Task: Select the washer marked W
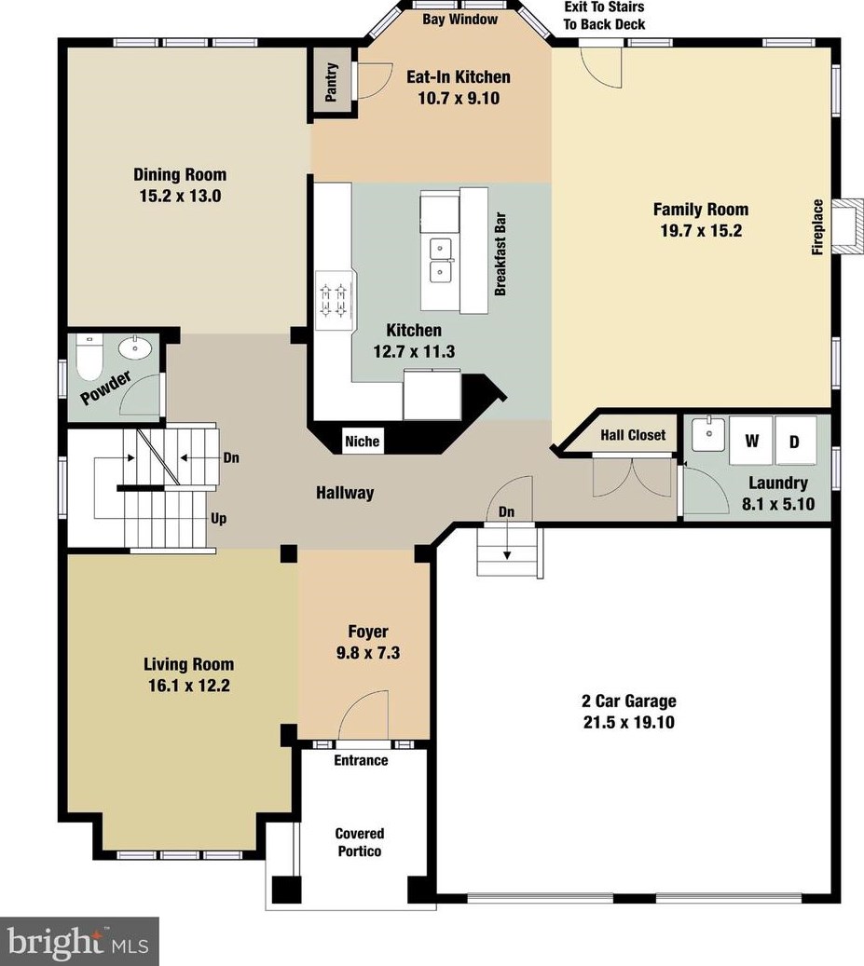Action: click(x=751, y=442)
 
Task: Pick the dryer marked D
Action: click(x=794, y=442)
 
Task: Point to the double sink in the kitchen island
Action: click(x=439, y=260)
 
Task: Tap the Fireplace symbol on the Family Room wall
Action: click(x=846, y=226)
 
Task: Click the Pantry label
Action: click(x=331, y=81)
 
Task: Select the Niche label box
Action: click(x=362, y=441)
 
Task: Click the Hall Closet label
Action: click(x=633, y=435)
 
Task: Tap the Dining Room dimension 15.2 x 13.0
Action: click(x=180, y=196)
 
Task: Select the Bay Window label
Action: click(x=459, y=19)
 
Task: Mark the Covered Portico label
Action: click(x=360, y=842)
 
